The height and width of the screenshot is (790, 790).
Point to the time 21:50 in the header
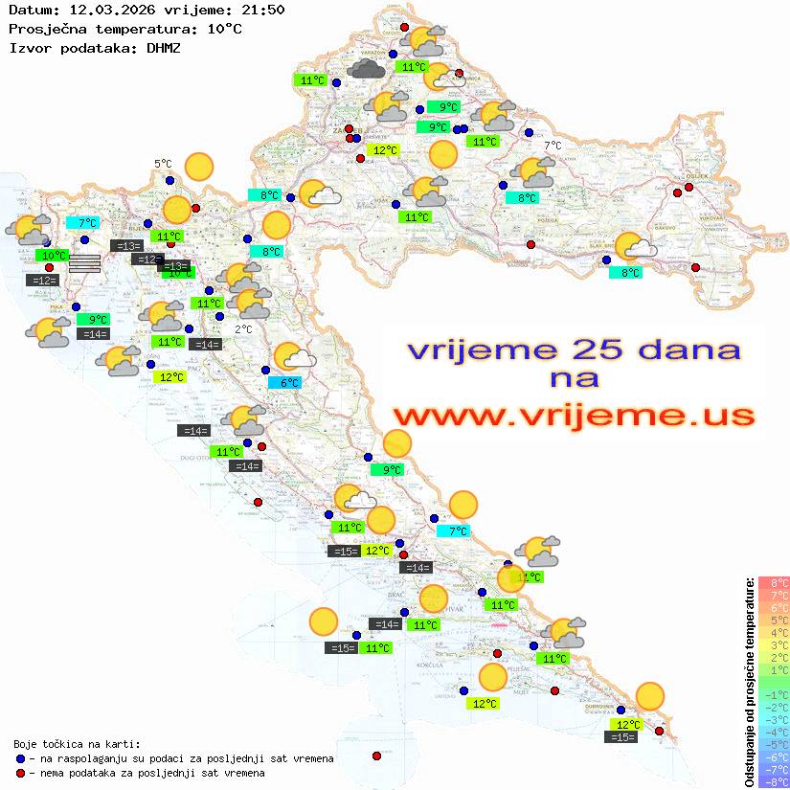point(262,10)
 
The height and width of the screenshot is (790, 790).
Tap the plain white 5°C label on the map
point(163,164)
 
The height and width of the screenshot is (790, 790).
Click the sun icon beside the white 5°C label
point(198,168)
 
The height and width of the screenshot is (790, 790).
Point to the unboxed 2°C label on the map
point(243,328)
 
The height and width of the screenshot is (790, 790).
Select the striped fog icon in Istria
point(85,263)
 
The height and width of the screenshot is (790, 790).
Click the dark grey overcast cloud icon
point(368,68)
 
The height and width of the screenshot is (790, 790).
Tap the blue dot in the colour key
point(20,758)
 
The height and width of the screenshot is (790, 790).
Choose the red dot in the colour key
point(20,773)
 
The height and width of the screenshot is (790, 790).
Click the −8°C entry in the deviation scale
point(774,782)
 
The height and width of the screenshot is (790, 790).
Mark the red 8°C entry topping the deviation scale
point(774,583)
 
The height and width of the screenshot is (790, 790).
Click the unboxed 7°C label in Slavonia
point(553,146)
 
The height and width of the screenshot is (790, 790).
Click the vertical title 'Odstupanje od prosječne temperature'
point(750,682)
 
